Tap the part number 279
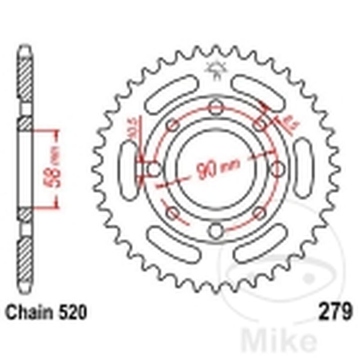[334, 312]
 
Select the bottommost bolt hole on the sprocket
[216, 231]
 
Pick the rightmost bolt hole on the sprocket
[279, 170]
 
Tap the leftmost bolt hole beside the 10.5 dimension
[154, 170]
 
